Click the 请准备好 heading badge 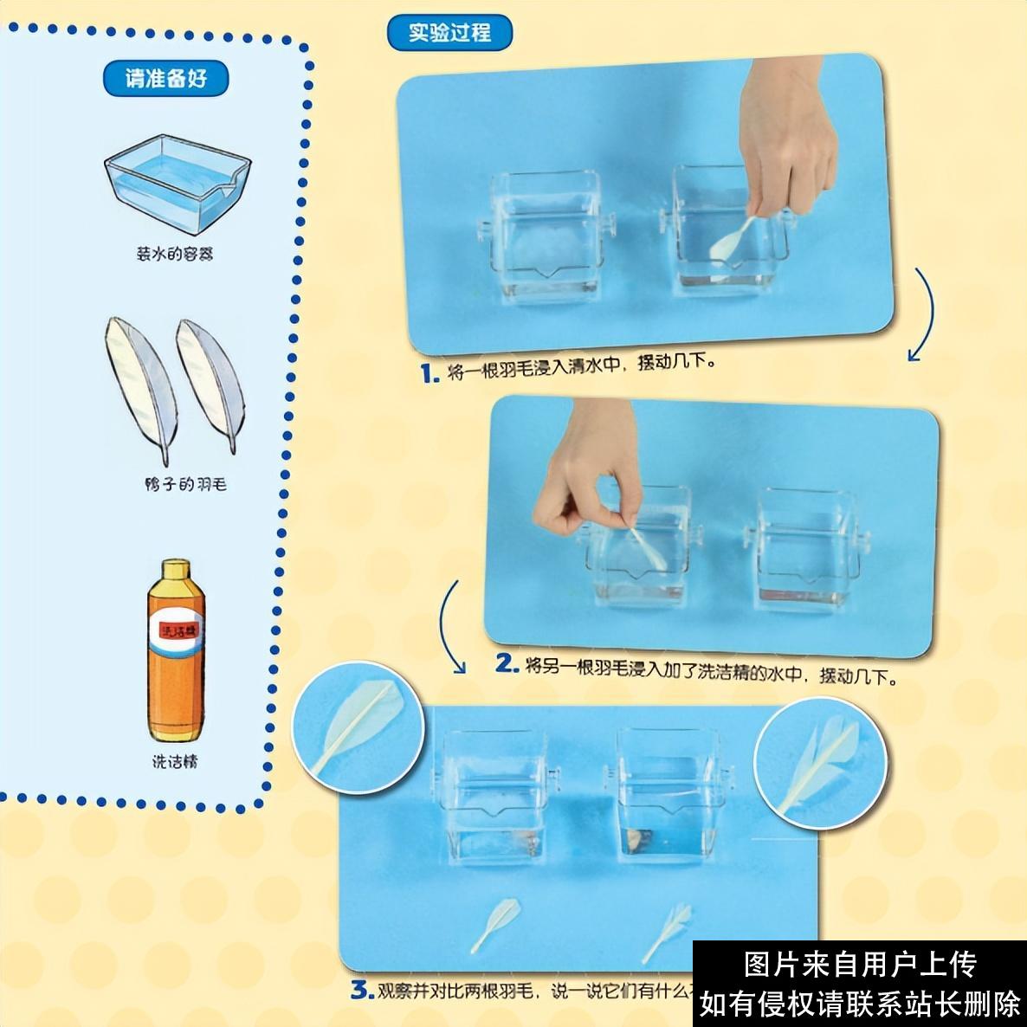pos(166,79)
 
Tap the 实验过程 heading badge pos(449,33)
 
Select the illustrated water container pos(176,185)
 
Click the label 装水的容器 pos(175,254)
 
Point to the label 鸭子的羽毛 pos(185,484)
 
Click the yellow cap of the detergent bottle pos(176,571)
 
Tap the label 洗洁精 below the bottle pos(175,762)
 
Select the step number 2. pos(507,664)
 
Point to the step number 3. pos(361,990)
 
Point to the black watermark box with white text pos(860,984)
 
